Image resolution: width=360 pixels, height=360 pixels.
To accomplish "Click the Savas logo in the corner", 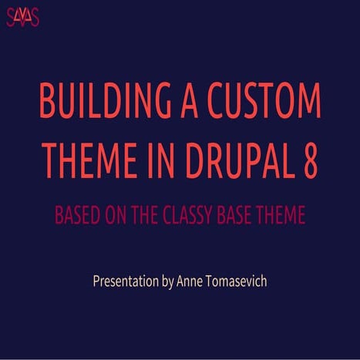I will (22, 16).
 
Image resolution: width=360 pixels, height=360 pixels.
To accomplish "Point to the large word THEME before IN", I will (85, 160).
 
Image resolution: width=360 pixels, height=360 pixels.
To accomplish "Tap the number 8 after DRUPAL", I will (307, 160).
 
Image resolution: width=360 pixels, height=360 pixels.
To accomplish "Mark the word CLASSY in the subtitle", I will (190, 215).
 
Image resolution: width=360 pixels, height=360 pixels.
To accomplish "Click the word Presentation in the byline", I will (126, 281).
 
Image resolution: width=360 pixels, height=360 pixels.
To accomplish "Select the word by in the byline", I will (170, 282).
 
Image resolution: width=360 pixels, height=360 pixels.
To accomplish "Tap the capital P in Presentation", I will (96, 281).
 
